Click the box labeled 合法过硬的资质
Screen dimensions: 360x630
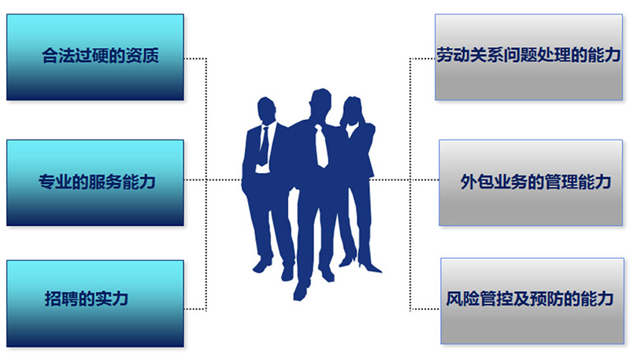coord(94,57)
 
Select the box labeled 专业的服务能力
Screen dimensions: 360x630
coord(94,182)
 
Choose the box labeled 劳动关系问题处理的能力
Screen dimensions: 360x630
coord(524,57)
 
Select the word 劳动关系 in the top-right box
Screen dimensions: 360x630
coord(465,57)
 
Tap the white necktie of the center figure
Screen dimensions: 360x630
coord(321,145)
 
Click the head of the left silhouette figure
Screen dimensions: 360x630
coord(267,110)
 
